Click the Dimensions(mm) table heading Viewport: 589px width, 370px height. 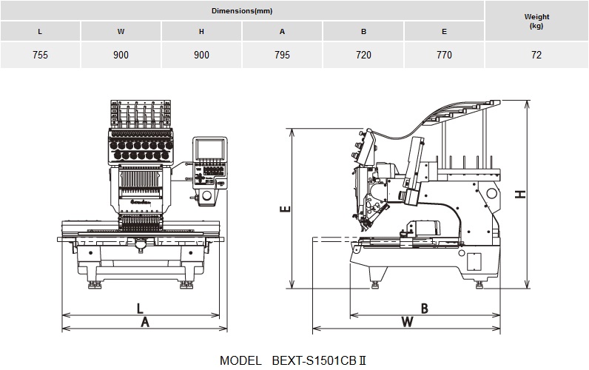pos(242,11)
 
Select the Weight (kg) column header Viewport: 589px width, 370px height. pos(536,21)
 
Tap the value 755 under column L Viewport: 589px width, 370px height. pos(40,55)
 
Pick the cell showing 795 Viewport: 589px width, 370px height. pos(282,55)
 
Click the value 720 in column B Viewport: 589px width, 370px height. pos(363,55)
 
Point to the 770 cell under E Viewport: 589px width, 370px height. pos(444,55)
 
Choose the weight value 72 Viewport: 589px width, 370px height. pos(536,55)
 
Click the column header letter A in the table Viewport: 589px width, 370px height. pos(282,32)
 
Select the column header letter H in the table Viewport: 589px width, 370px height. pos(201,32)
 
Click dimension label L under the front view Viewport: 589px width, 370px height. pos(140,309)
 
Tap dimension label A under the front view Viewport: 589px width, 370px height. pos(145,323)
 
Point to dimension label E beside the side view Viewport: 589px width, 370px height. pos(286,209)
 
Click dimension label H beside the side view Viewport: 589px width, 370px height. pos(520,194)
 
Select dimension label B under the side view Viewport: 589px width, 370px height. pos(425,309)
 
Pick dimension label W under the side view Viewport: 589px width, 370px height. pos(407,323)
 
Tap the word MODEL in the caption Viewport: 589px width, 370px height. pos(240,360)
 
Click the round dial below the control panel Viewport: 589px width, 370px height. pos(206,195)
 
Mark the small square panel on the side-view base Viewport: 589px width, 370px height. pos(474,261)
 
